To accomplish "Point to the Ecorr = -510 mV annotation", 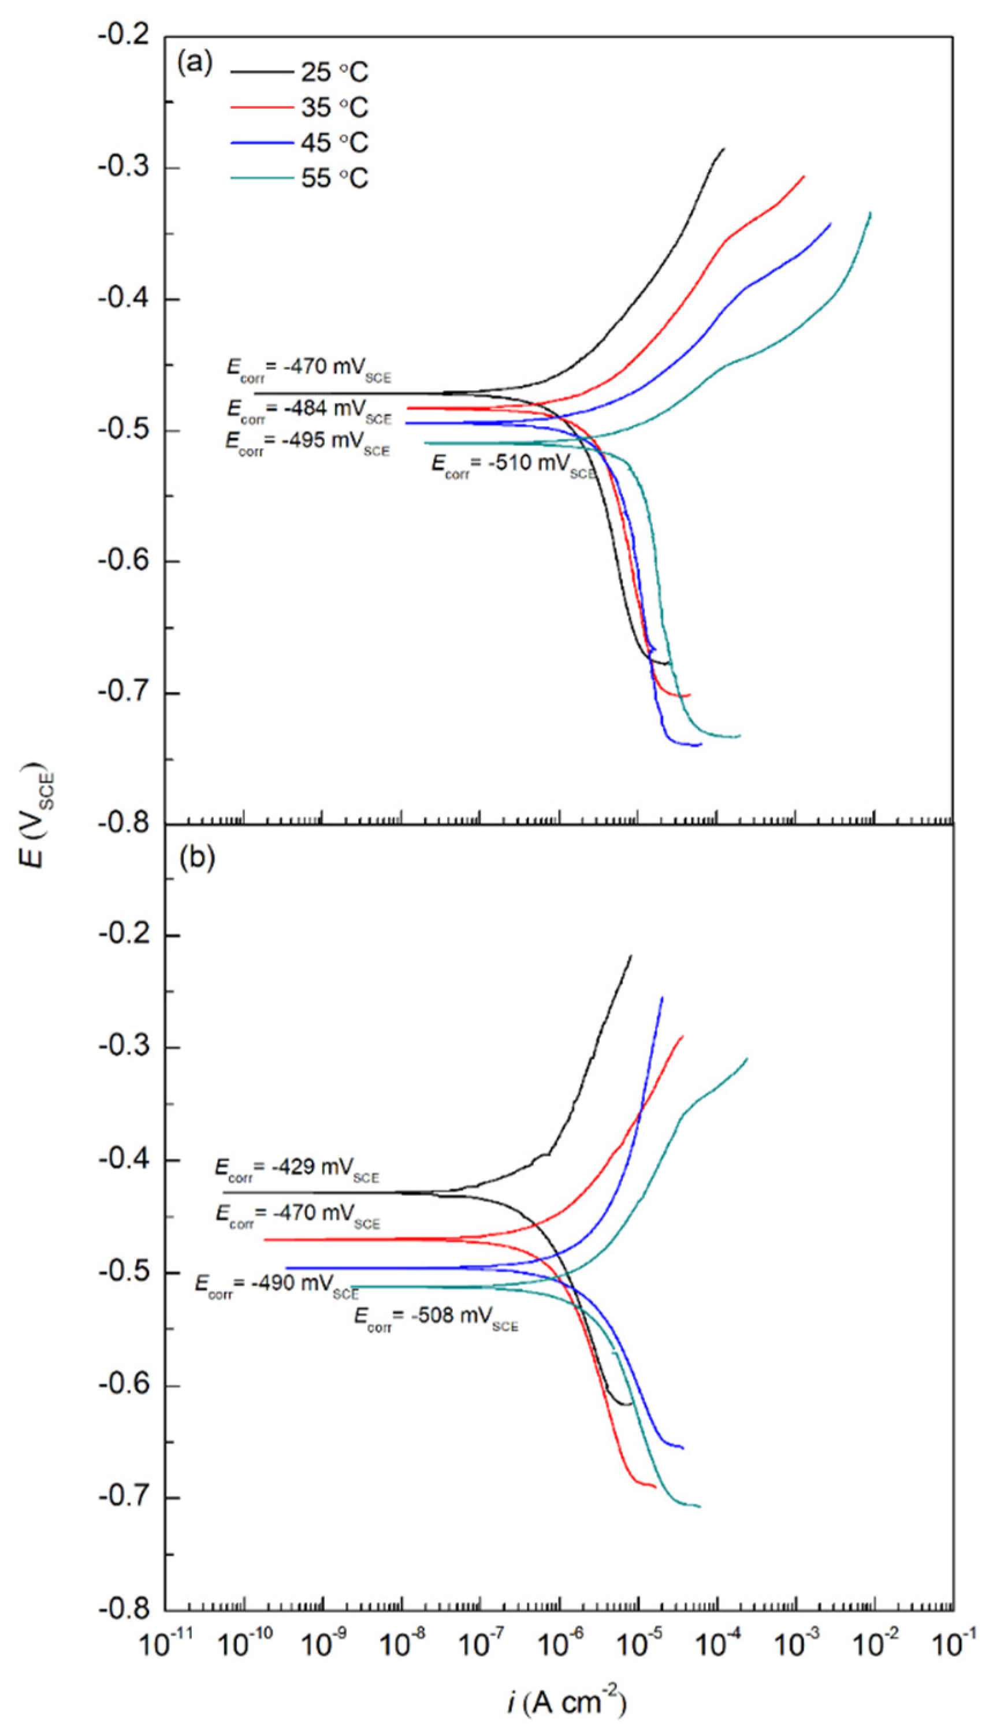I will (x=513, y=465).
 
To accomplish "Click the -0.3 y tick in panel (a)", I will (x=124, y=167).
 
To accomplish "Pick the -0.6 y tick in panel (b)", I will (x=124, y=1385).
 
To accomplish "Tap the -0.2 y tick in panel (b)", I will (x=124, y=935).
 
